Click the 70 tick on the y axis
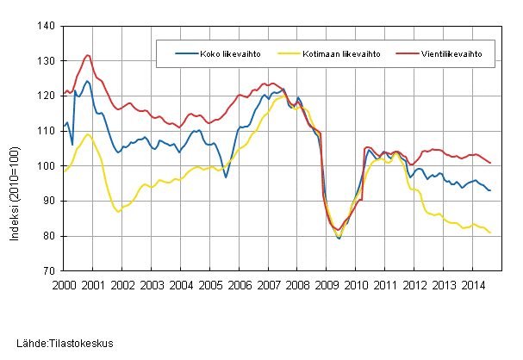49,270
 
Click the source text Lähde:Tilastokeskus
58,344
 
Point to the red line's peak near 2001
87,56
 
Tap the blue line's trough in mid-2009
339,238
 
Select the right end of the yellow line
490,233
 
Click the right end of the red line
490,163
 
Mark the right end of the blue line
490,190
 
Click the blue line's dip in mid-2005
226,177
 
